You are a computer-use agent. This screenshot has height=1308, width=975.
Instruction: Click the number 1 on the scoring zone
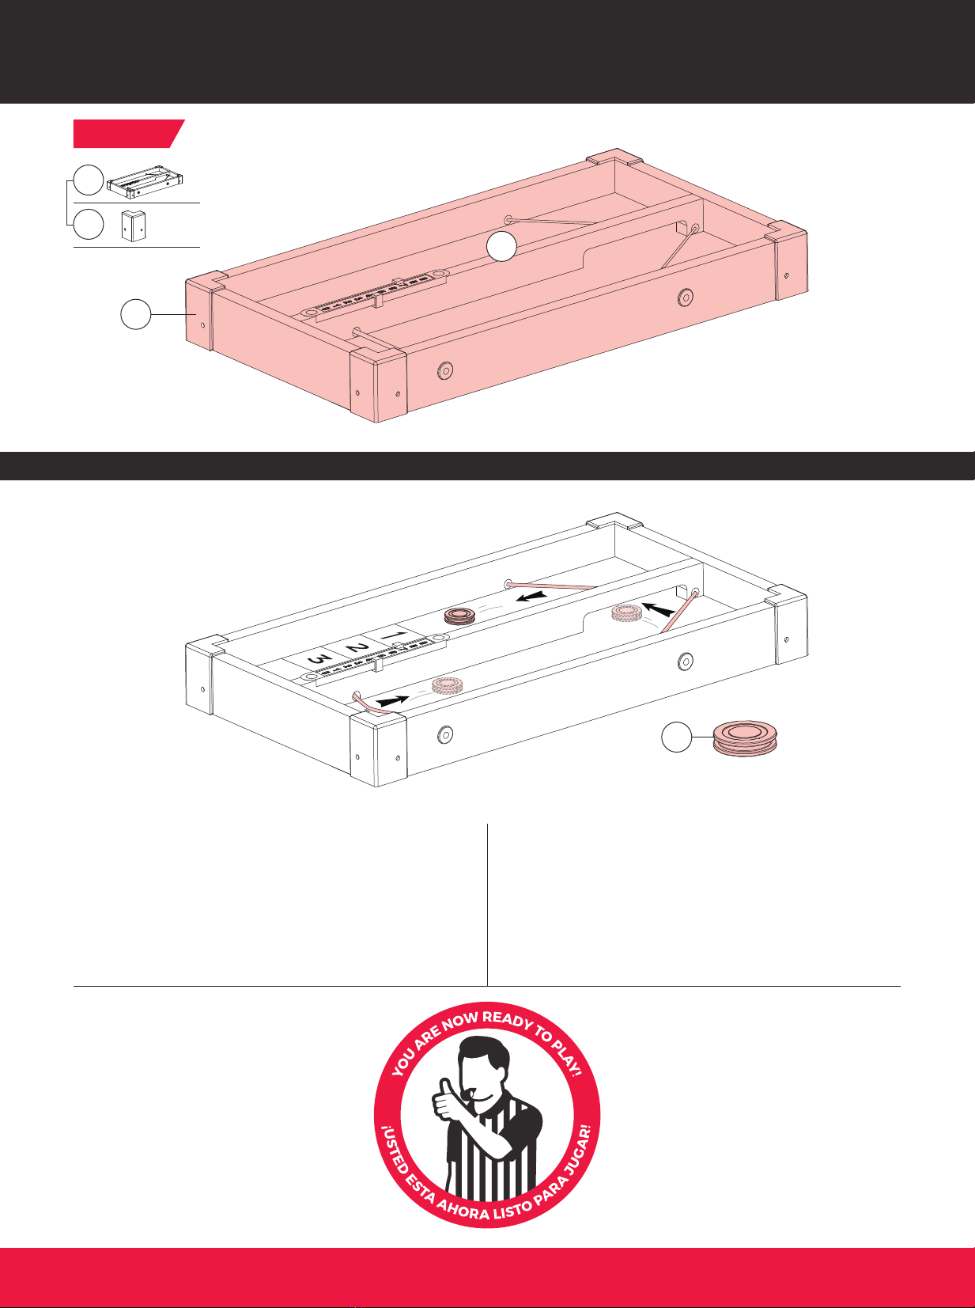[394, 636]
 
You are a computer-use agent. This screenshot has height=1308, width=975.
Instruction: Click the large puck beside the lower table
[745, 738]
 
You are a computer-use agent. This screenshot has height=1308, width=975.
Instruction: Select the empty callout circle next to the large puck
[677, 737]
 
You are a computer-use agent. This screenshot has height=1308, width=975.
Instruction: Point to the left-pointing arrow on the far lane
[531, 596]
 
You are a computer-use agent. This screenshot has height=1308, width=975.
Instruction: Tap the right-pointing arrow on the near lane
[392, 701]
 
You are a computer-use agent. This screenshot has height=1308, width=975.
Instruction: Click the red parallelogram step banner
[129, 134]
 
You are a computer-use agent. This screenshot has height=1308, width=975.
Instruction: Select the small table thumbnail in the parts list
[145, 181]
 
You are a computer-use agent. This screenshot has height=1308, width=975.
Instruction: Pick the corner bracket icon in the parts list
[134, 226]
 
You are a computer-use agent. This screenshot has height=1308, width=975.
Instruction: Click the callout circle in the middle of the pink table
[502, 245]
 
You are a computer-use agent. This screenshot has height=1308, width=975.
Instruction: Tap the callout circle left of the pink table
[136, 314]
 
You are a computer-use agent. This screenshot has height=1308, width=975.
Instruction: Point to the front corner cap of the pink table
[378, 385]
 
